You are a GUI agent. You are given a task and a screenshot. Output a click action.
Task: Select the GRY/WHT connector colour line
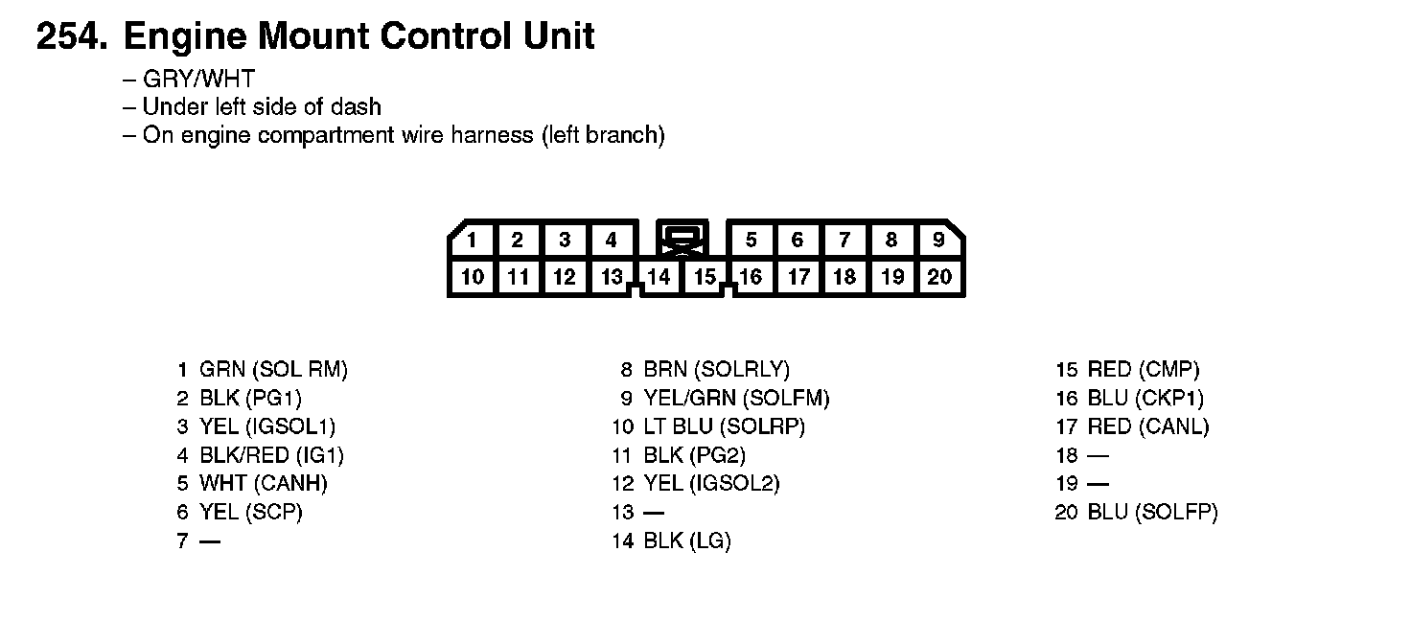197,79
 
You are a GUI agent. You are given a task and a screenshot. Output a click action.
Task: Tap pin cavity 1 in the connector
472,240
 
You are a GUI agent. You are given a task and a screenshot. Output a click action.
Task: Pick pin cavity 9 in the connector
939,240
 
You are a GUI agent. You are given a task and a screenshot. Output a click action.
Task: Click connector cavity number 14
659,277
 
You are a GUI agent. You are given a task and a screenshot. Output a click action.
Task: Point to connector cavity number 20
939,277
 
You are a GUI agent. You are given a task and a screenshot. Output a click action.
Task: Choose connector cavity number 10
472,277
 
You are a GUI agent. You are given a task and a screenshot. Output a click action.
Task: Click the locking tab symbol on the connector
682,240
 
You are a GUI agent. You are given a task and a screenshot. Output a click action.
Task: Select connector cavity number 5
752,240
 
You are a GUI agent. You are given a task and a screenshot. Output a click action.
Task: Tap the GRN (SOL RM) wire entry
273,369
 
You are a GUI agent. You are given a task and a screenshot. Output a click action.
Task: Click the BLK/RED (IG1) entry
271,455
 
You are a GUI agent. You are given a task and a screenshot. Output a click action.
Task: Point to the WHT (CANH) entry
263,484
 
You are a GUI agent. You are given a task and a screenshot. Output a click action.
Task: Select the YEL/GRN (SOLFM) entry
736,398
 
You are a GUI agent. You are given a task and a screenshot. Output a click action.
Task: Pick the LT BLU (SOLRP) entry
724,426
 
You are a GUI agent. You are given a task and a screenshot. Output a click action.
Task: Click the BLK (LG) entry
686,541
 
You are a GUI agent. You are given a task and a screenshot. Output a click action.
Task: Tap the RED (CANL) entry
1147,426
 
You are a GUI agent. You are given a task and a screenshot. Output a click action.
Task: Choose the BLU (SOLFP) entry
1152,513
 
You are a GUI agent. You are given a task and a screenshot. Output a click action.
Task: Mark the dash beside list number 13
653,513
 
